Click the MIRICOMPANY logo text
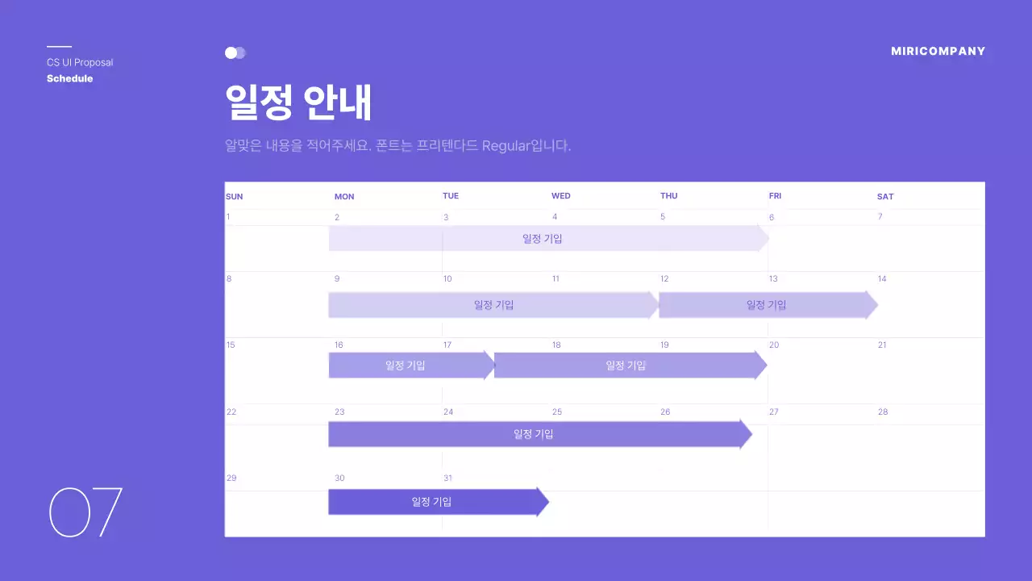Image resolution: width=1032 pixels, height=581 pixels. click(938, 51)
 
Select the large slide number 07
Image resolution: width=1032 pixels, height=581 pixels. click(85, 512)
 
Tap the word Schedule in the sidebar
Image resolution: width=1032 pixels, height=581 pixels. click(69, 78)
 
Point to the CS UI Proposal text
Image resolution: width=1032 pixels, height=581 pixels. click(80, 62)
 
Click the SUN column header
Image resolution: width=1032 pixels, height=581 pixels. click(234, 196)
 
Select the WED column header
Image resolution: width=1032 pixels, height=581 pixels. click(560, 196)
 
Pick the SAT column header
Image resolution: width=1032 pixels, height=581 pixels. click(885, 196)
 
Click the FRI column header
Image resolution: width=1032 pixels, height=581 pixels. click(775, 196)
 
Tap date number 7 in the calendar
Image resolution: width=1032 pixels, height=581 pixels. click(880, 216)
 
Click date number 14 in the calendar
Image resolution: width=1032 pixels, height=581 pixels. click(882, 278)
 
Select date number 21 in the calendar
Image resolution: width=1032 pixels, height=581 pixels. click(882, 345)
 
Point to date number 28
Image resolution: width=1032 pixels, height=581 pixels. click(883, 412)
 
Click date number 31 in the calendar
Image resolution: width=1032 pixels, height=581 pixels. click(447, 478)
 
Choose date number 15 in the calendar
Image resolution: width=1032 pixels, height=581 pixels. click(231, 345)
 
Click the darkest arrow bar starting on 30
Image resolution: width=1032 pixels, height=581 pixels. click(435, 502)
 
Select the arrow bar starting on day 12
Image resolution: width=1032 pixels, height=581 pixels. click(766, 305)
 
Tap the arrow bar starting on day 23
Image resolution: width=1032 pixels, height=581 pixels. click(536, 434)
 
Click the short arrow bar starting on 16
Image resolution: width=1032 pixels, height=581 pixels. click(408, 365)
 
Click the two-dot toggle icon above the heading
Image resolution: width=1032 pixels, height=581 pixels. click(235, 52)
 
